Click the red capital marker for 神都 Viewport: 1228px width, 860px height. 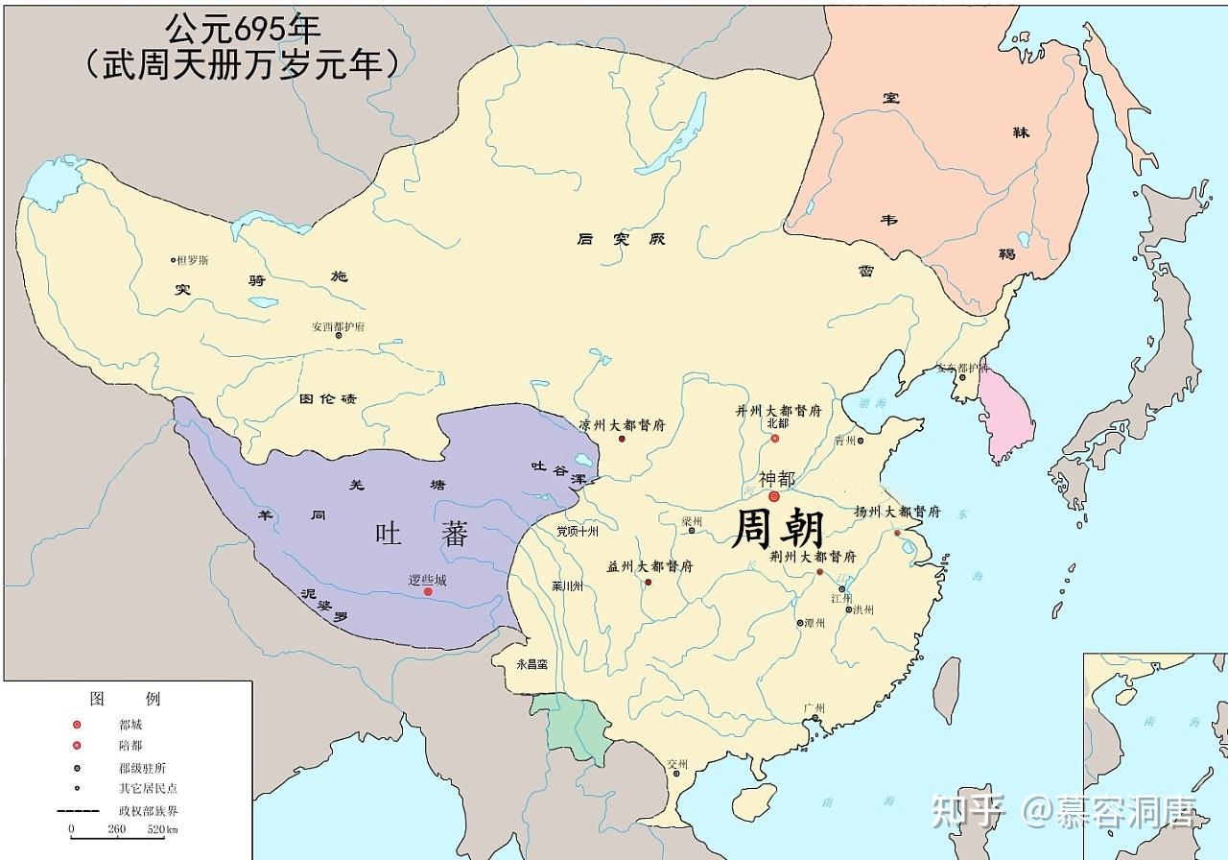773,496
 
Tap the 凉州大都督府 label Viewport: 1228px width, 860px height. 623,424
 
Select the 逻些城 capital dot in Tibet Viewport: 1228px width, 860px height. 428,592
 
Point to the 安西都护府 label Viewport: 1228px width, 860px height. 338,326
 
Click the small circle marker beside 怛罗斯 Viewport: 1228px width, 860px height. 174,260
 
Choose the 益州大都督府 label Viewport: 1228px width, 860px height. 649,566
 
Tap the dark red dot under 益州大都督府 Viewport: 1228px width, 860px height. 649,582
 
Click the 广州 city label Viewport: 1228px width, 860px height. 815,707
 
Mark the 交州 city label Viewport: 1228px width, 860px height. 678,765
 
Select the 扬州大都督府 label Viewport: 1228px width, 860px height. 897,512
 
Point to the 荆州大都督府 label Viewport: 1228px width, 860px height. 813,557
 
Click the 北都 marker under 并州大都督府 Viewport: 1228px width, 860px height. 775,439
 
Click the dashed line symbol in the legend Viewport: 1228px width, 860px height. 78,810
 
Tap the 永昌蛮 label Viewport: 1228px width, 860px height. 531,663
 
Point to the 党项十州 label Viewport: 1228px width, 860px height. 577,531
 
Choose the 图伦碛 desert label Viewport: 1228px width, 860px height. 327,398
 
